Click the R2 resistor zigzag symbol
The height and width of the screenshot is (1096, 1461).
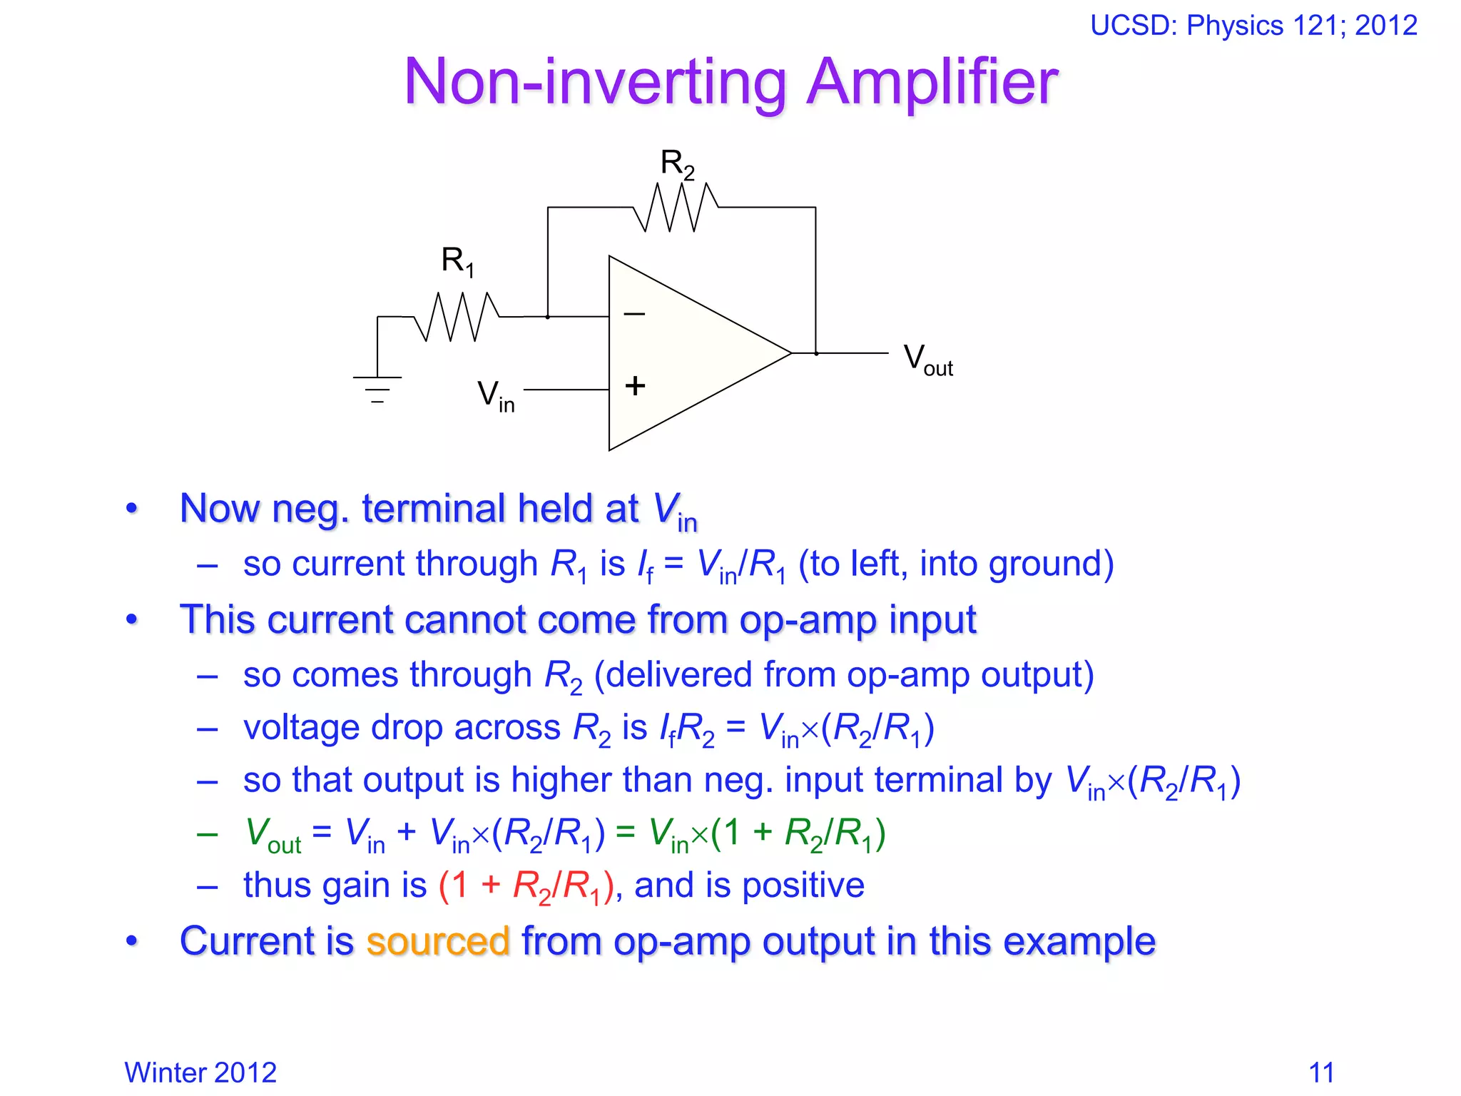point(676,207)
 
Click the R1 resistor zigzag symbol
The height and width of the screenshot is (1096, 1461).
point(457,316)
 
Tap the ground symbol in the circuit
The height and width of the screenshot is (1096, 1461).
point(377,390)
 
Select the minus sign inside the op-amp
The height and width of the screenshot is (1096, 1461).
point(634,313)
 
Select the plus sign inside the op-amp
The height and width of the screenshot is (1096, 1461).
point(635,386)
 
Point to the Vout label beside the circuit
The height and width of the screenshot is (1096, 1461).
point(927,359)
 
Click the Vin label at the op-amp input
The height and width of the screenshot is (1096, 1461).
point(495,395)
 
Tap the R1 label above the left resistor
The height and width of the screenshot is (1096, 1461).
point(457,261)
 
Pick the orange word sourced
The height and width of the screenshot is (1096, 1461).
point(438,940)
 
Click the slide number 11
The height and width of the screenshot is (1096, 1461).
point(1321,1072)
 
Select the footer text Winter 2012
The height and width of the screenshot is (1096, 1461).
point(200,1072)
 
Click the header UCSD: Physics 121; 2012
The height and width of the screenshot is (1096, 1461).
point(1253,26)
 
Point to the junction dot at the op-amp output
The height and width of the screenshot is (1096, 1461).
point(816,353)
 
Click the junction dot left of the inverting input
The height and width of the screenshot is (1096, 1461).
point(548,316)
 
